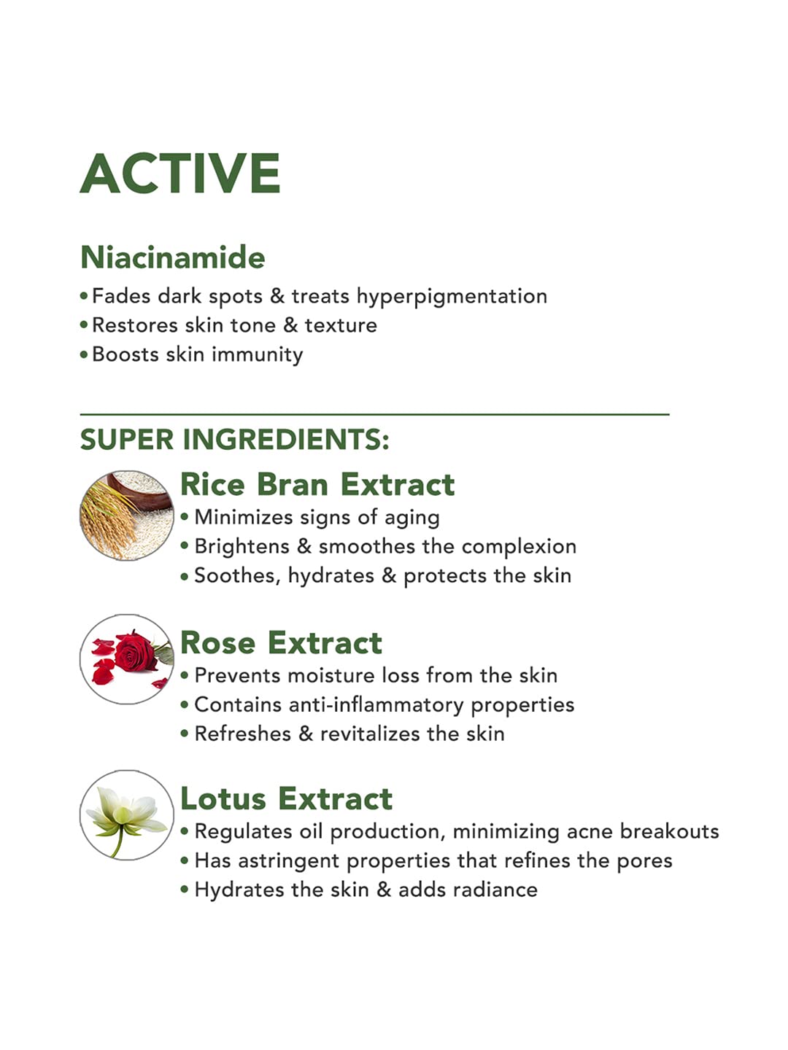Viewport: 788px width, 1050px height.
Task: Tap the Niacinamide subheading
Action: point(173,257)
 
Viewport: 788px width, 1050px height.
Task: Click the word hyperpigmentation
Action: point(452,297)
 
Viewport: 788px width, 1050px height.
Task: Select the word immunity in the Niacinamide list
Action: point(258,355)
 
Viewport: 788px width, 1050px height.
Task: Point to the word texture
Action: point(341,325)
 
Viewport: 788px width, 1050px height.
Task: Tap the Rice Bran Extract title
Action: point(317,485)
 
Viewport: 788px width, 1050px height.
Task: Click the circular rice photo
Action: point(127,516)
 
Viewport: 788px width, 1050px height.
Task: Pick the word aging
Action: point(412,518)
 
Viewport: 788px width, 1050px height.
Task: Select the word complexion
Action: point(519,548)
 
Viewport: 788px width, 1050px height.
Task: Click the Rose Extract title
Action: point(282,642)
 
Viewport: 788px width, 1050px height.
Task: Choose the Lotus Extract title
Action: point(287,799)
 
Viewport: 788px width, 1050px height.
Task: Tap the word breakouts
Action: point(669,831)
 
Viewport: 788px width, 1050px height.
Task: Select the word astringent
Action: point(288,862)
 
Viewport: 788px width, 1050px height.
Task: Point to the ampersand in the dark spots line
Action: point(277,296)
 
